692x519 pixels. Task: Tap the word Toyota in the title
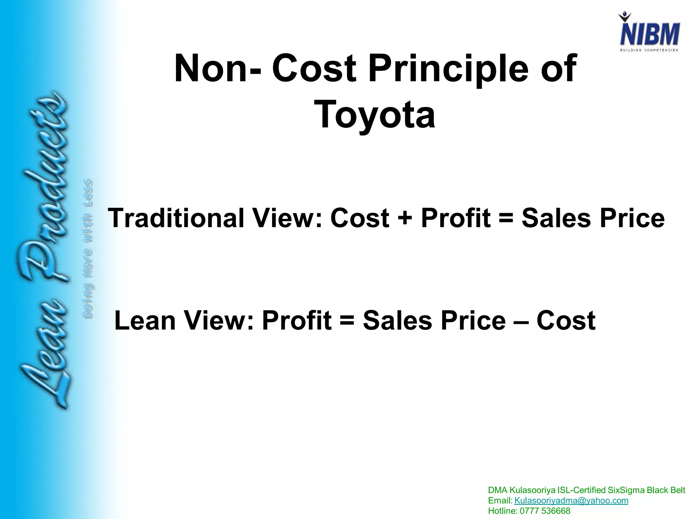click(x=374, y=114)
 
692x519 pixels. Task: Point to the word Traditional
click(x=176, y=218)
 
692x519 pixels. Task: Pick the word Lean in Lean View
click(x=145, y=320)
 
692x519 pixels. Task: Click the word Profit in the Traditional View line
click(x=455, y=218)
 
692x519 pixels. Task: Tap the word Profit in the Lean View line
click(x=296, y=320)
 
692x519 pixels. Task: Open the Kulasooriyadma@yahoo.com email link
click(x=571, y=500)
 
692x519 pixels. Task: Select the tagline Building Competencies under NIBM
click(x=649, y=50)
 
